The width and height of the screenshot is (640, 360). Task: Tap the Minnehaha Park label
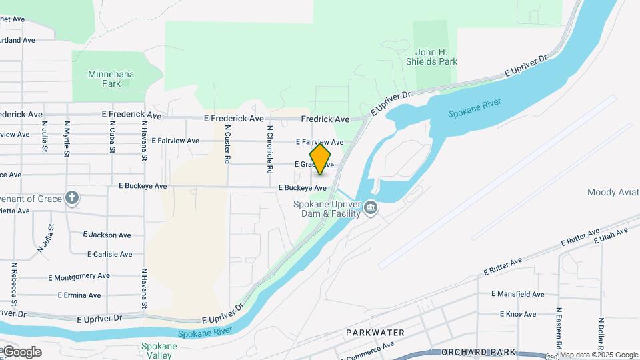(x=111, y=79)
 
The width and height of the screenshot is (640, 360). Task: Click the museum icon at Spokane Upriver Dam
(x=371, y=209)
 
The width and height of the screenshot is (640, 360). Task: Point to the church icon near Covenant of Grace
(x=72, y=197)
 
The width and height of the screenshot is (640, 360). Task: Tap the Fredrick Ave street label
(x=325, y=119)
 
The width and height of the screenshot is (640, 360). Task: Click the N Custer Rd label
(x=227, y=145)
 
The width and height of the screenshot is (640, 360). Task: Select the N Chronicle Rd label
(x=270, y=149)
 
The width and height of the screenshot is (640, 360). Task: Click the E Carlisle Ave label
(x=109, y=254)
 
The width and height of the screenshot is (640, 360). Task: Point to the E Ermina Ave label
(x=79, y=295)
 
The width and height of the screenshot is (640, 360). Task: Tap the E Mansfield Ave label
(x=517, y=294)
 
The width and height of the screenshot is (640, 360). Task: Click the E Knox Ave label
(x=517, y=314)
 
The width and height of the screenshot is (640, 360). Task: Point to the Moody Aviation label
(x=613, y=192)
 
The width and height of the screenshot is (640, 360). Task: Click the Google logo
(x=21, y=351)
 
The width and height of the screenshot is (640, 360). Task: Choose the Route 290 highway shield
(x=552, y=357)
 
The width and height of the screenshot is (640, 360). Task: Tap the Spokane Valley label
(x=159, y=351)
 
